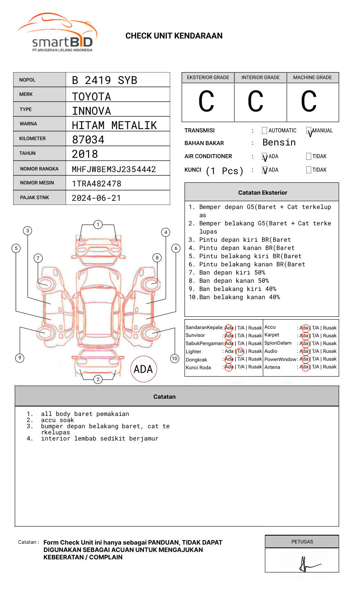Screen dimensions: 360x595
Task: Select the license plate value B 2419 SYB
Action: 105,80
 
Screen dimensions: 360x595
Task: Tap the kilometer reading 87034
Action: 88,140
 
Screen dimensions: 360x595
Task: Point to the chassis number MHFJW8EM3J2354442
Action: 114,169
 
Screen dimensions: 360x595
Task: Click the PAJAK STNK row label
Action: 34,198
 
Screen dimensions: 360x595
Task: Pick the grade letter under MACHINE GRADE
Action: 309,101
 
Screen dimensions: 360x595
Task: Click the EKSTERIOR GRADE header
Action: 208,77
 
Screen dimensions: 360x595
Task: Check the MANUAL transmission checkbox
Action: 309,130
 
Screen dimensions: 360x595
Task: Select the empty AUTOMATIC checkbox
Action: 264,130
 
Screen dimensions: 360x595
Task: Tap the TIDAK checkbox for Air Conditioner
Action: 309,156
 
